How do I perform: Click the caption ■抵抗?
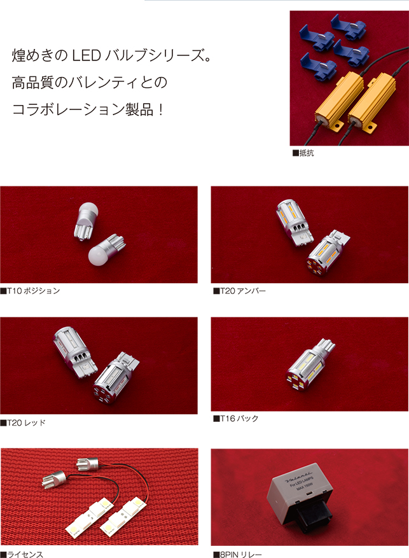click(303, 153)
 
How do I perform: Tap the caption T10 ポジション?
click(30, 291)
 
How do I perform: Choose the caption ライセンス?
click(22, 554)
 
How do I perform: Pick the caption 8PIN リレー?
click(237, 554)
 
